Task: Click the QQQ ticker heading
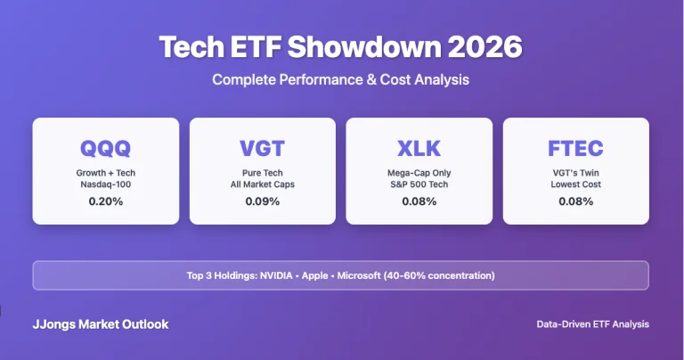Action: [106, 148]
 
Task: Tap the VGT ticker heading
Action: [263, 148]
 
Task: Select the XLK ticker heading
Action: [419, 148]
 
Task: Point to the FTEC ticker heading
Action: [576, 148]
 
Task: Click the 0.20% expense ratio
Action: [106, 201]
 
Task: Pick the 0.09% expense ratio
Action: [263, 201]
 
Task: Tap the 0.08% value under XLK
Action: [419, 201]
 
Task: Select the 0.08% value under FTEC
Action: [576, 201]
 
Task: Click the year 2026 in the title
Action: [476, 47]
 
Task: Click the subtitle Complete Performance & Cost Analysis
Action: [341, 80]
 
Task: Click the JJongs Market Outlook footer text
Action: [101, 324]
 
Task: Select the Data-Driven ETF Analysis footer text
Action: [593, 324]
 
